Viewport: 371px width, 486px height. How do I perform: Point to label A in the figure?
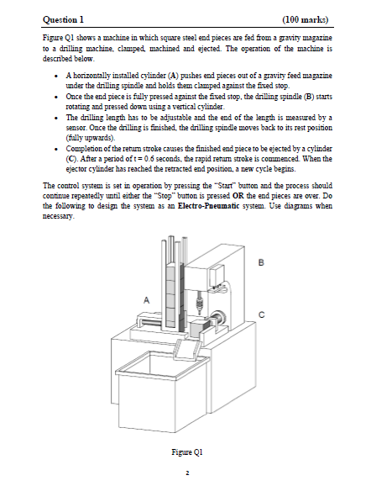[x=147, y=298]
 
